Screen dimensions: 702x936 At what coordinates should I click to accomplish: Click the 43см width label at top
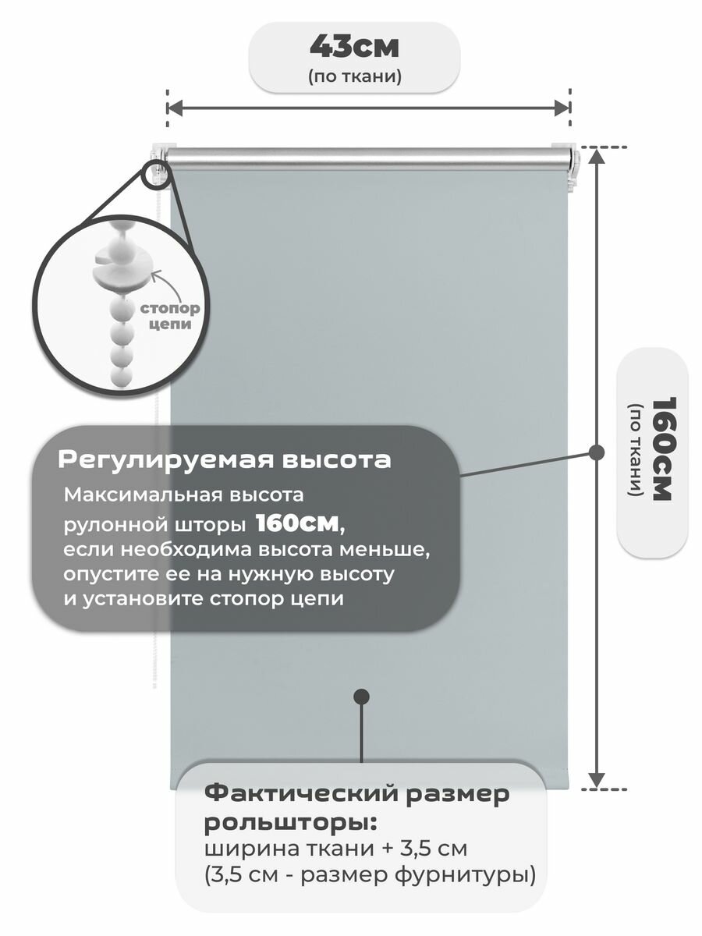[x=354, y=47]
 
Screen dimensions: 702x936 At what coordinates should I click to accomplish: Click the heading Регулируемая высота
[x=224, y=460]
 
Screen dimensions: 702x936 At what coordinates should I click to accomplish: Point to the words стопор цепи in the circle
[x=169, y=316]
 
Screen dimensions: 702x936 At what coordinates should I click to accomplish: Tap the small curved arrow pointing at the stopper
[x=159, y=278]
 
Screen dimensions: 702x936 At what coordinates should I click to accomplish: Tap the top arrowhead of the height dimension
[x=597, y=154]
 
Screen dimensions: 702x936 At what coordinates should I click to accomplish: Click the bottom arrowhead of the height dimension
[x=597, y=779]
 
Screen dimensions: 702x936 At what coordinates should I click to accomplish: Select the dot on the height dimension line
[x=597, y=452]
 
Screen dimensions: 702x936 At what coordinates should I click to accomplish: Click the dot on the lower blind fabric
[x=361, y=697]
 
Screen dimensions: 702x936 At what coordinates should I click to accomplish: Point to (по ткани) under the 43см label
[x=355, y=76]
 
